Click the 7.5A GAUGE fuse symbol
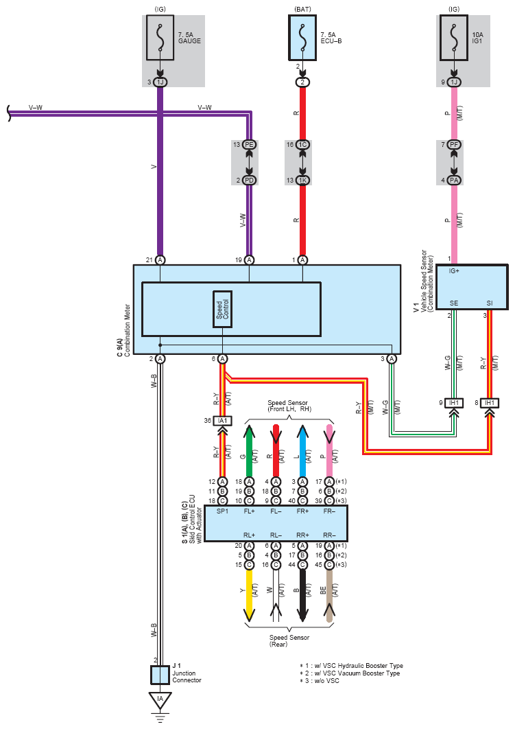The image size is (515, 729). pyautogui.click(x=160, y=38)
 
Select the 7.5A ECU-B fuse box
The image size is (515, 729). pyautogui.click(x=302, y=38)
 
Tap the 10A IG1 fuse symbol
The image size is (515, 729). pyautogui.click(x=454, y=38)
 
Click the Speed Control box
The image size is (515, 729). pyautogui.click(x=222, y=309)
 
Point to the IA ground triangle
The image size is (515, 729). pyautogui.click(x=160, y=699)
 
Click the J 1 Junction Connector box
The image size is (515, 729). pyautogui.click(x=160, y=675)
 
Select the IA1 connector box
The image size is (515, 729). pyautogui.click(x=222, y=421)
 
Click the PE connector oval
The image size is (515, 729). pyautogui.click(x=250, y=145)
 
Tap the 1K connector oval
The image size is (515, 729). pyautogui.click(x=302, y=180)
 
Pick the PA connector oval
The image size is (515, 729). pyautogui.click(x=454, y=180)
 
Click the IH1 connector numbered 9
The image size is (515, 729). pyautogui.click(x=454, y=403)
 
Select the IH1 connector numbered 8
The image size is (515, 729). pyautogui.click(x=490, y=403)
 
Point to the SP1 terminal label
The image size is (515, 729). pyautogui.click(x=222, y=511)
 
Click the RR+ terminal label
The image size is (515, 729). pyautogui.click(x=303, y=535)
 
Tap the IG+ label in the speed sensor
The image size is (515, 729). pyautogui.click(x=454, y=271)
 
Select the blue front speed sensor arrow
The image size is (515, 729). pyautogui.click(x=302, y=450)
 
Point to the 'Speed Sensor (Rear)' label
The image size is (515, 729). pyautogui.click(x=289, y=640)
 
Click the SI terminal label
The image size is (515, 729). pyautogui.click(x=490, y=303)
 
